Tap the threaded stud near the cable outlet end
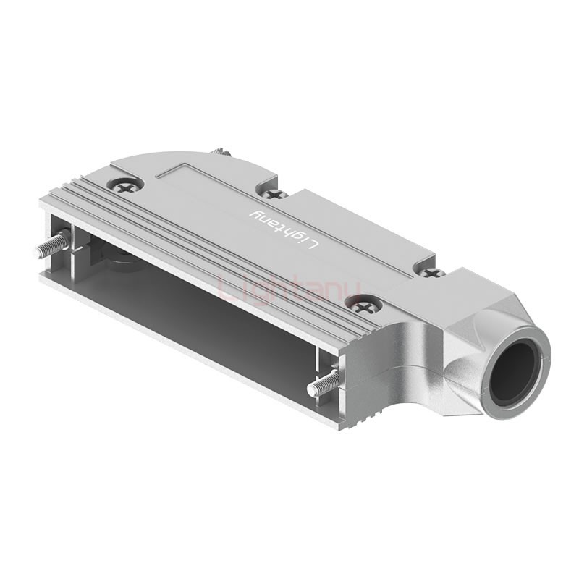coord(324,382)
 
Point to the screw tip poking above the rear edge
coord(219,152)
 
